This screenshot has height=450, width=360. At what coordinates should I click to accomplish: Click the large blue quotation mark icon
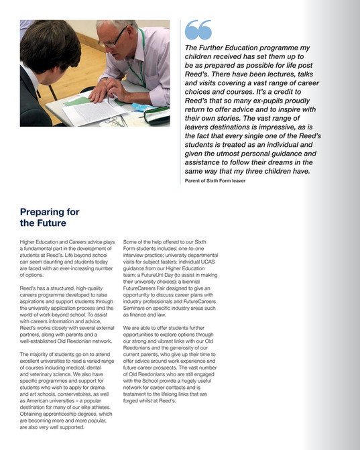tap(198, 30)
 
